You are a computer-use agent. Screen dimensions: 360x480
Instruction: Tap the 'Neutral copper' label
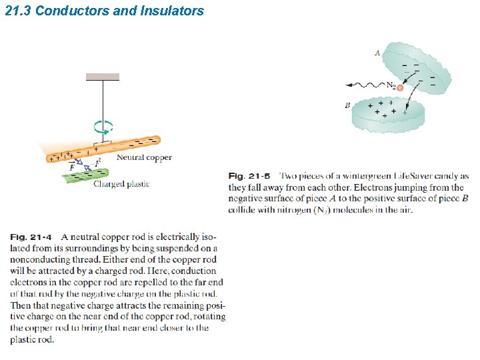[x=144, y=158]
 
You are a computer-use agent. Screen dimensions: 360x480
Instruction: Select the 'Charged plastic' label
[x=121, y=184]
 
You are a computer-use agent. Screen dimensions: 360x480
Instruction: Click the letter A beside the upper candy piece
[x=377, y=53]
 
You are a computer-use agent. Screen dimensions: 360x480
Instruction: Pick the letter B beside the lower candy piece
[x=347, y=105]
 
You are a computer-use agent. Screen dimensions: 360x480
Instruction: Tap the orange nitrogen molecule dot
[x=400, y=87]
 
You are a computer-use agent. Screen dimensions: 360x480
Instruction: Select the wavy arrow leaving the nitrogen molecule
[x=364, y=85]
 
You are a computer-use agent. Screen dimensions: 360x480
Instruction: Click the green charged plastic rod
[x=84, y=177]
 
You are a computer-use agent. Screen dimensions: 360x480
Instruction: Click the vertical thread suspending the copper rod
[x=102, y=100]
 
